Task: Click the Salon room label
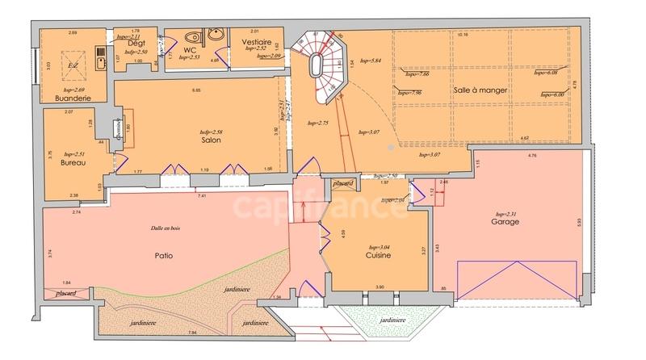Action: (x=211, y=140)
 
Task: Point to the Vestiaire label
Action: (x=256, y=40)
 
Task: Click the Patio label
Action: (x=164, y=257)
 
